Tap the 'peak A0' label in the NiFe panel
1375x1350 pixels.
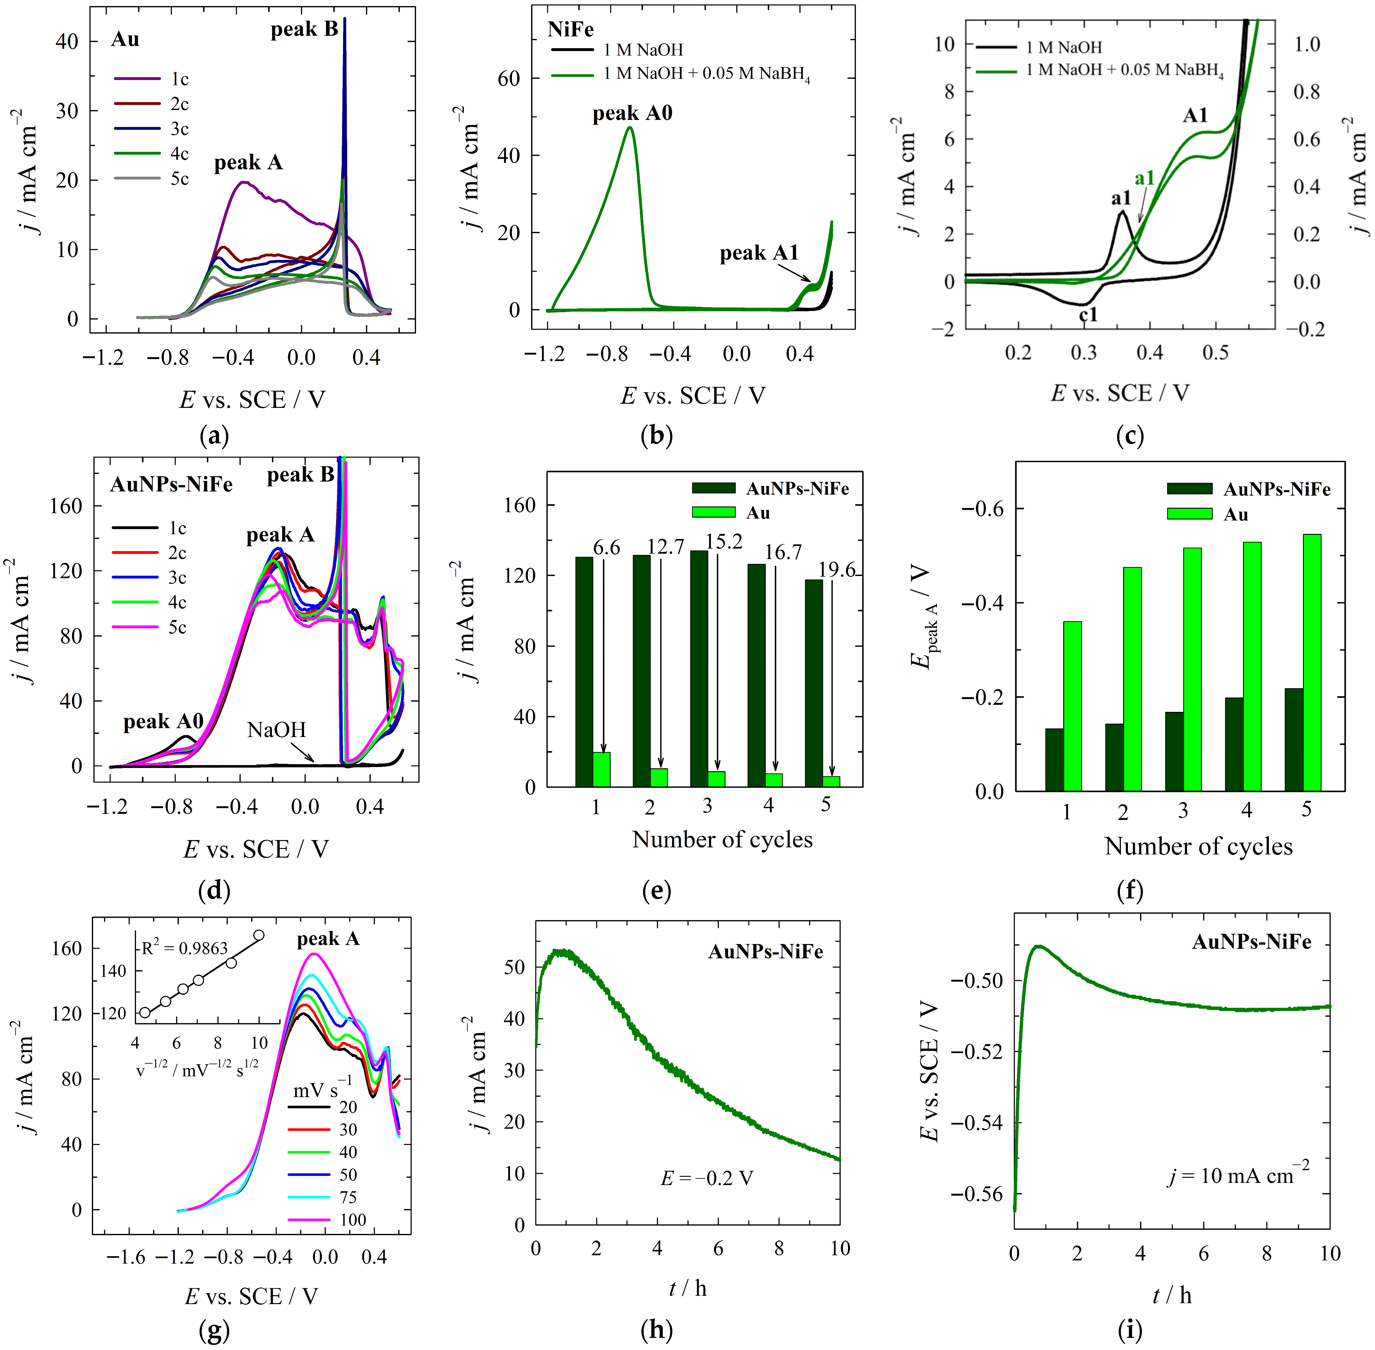(x=632, y=114)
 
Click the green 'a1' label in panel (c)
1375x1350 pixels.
(x=1144, y=178)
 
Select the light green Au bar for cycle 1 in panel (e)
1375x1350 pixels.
(x=602, y=769)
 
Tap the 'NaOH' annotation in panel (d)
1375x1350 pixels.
(x=276, y=730)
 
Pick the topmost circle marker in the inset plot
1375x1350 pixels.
(x=260, y=935)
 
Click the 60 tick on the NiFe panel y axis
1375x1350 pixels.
(x=509, y=79)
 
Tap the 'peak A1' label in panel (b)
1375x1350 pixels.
(x=758, y=253)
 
